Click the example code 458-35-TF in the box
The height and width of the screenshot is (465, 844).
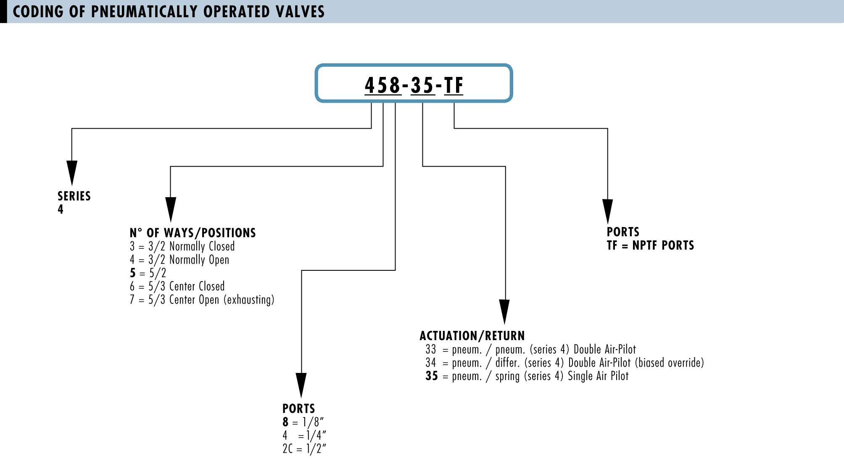[414, 85]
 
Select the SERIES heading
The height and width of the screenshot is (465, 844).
[74, 196]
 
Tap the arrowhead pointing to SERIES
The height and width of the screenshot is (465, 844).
[72, 173]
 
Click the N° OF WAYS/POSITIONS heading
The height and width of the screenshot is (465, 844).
[193, 233]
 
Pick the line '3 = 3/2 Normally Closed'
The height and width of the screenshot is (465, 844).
[182, 246]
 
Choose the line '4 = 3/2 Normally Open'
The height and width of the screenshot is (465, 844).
[179, 260]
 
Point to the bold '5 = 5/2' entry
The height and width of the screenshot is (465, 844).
[148, 273]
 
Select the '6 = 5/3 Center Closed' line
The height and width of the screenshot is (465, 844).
[177, 286]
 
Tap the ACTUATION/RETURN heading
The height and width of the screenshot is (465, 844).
[472, 336]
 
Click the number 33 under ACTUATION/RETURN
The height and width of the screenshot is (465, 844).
[431, 349]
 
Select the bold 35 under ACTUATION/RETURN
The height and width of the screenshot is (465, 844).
[432, 376]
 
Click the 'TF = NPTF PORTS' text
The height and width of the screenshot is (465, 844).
[650, 245]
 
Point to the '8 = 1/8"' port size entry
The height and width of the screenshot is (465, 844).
[303, 422]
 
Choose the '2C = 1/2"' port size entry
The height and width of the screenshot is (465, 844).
[304, 449]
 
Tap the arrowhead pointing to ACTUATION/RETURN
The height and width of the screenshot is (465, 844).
[505, 312]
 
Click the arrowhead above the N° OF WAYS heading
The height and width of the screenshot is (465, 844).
[171, 209]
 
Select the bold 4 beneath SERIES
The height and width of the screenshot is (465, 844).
[61, 209]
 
